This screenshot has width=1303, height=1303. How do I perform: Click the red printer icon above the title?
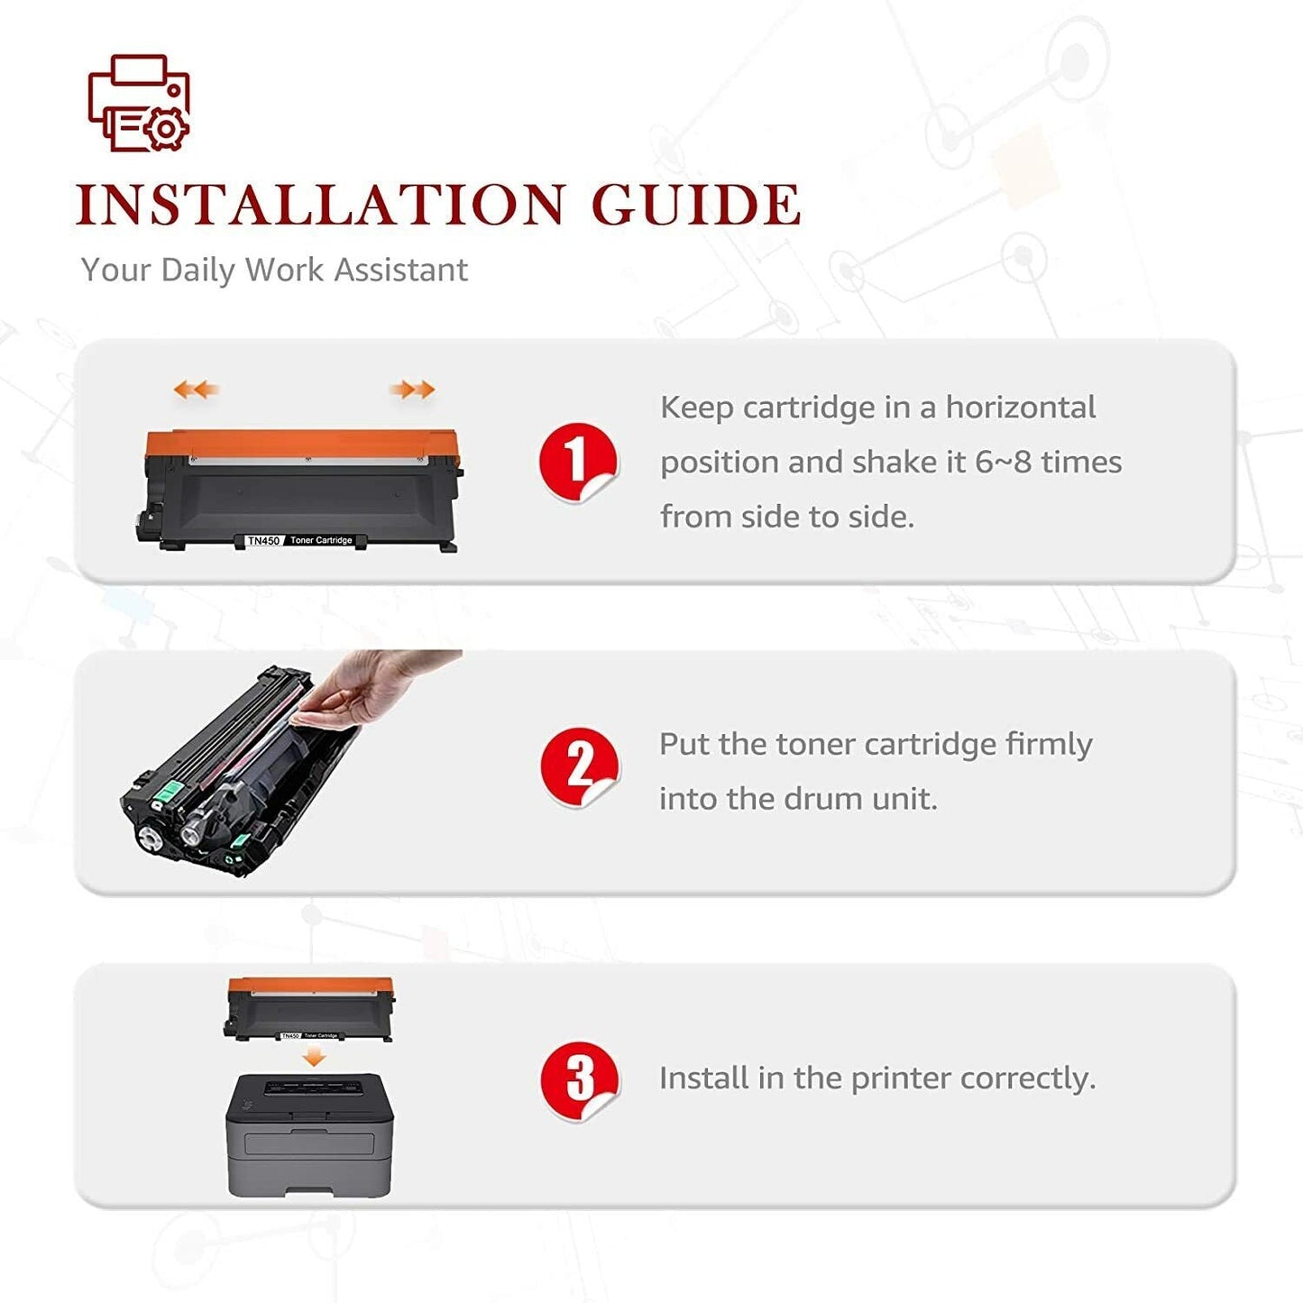[x=139, y=103]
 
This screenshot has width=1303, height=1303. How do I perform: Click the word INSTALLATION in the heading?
[x=320, y=205]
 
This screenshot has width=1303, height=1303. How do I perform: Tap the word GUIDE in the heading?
[x=696, y=205]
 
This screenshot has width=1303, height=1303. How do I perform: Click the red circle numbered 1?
[x=577, y=461]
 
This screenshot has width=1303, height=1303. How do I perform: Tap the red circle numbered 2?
[x=579, y=766]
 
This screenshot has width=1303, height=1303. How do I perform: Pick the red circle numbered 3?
[x=579, y=1080]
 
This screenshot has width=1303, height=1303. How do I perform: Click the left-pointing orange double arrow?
[x=196, y=390]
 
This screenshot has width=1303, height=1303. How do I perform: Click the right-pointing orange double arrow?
[x=413, y=390]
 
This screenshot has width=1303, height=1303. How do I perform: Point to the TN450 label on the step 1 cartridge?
[x=263, y=540]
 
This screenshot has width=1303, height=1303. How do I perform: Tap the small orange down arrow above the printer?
[x=313, y=1057]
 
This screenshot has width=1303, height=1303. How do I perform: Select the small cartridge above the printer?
[x=310, y=1009]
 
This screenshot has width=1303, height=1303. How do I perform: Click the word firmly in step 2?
[x=1048, y=745]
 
